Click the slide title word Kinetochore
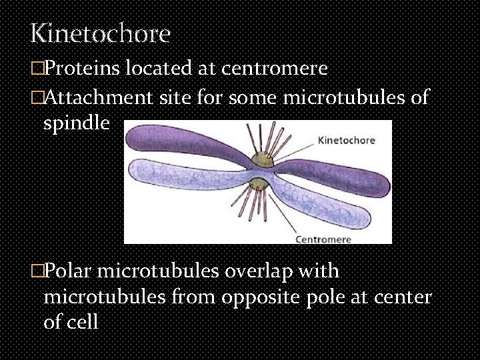(x=100, y=33)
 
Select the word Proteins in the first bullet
(x=78, y=69)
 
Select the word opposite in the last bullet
(x=282, y=297)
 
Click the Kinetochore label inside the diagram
(x=347, y=141)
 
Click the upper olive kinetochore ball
(x=258, y=159)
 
